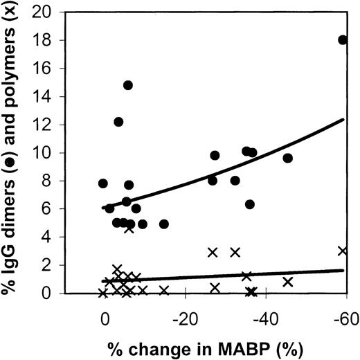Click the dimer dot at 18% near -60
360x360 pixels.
[342, 39]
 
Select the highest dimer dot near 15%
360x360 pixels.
[128, 85]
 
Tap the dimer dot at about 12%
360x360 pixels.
[118, 122]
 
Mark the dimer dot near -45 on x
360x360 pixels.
[287, 158]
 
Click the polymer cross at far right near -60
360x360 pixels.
[342, 251]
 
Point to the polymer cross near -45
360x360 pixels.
[287, 282]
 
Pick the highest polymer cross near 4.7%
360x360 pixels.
[129, 228]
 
